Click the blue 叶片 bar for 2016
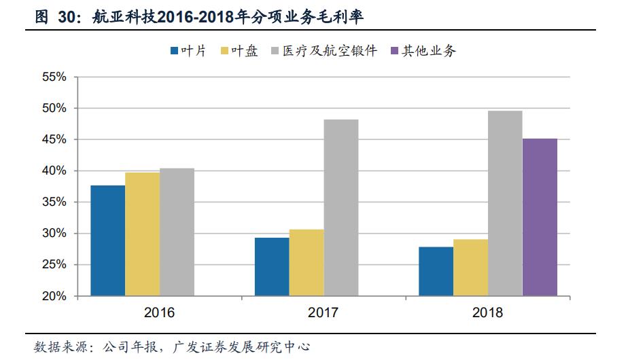[x=108, y=240]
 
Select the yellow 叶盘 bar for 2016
[x=143, y=234]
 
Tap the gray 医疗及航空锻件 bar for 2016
[x=177, y=232]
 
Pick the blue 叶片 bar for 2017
[x=272, y=267]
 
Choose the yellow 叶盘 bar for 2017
[x=307, y=263]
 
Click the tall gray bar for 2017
[x=341, y=208]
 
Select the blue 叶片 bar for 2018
[x=436, y=272]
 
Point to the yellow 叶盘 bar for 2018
[x=470, y=268]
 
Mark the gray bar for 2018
[x=505, y=203]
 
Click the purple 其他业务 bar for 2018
[x=540, y=217]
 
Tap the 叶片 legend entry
[x=187, y=51]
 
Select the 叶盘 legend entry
[x=239, y=51]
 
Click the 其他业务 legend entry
[x=422, y=51]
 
